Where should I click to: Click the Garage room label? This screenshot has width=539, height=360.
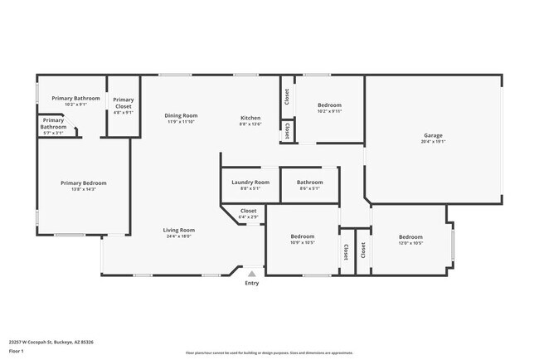[433, 135]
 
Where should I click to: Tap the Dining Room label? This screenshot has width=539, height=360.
[181, 115]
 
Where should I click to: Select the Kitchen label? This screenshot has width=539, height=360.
[250, 117]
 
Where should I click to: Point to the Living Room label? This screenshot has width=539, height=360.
[178, 230]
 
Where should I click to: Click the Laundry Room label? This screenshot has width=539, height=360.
[250, 182]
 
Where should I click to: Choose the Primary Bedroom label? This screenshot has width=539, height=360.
[83, 182]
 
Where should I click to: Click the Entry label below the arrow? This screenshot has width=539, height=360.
[251, 284]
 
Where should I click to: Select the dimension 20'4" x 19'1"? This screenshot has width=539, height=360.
[433, 142]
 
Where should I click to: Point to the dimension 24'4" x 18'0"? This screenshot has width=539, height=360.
[178, 236]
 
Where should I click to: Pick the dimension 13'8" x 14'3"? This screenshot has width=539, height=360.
[83, 189]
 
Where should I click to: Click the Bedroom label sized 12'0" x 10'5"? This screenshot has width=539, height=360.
[410, 236]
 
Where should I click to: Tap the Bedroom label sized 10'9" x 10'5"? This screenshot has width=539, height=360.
[303, 236]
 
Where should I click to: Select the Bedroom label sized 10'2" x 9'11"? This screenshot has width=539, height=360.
[330, 105]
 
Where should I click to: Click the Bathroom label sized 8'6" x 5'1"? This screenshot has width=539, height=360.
[309, 182]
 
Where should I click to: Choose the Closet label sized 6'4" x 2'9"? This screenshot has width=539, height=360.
[248, 211]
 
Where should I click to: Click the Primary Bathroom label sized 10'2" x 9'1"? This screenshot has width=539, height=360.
[75, 98]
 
